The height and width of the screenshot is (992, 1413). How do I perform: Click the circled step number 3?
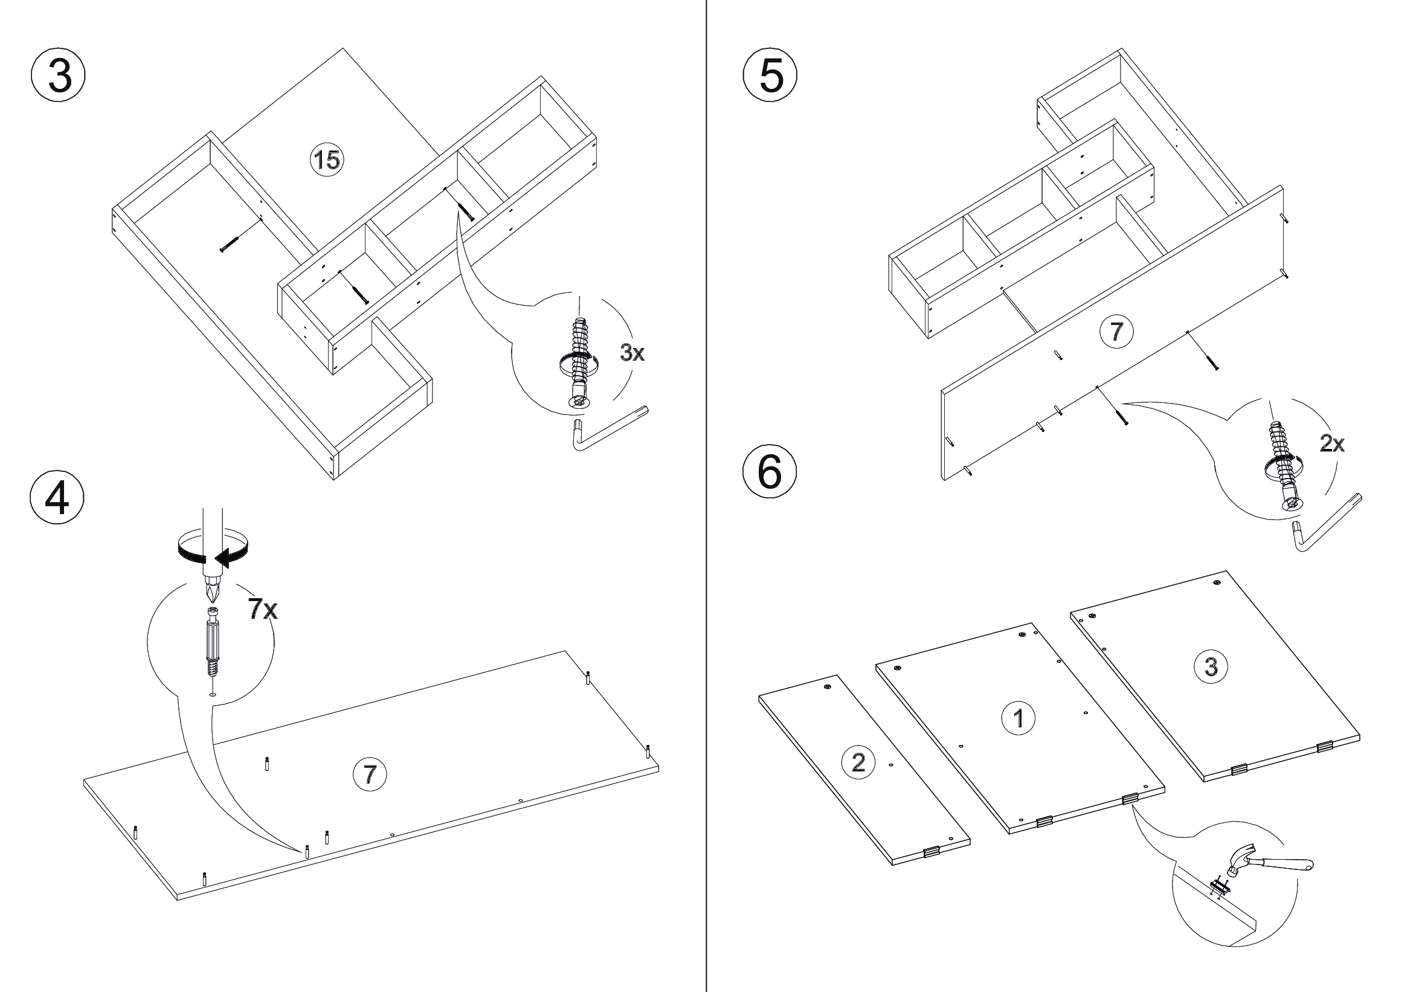(x=58, y=76)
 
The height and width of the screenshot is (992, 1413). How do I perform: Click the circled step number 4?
(x=57, y=498)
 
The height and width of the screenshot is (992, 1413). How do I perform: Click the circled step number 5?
(x=770, y=76)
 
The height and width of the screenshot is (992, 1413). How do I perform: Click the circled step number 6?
(x=769, y=473)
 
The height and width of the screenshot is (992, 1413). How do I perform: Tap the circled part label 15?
(x=326, y=160)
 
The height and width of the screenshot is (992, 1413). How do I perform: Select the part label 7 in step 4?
(x=369, y=773)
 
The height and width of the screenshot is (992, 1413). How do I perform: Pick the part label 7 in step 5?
(x=1116, y=332)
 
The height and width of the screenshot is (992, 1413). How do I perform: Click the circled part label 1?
(x=1019, y=718)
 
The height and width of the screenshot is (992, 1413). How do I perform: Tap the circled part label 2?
(x=858, y=762)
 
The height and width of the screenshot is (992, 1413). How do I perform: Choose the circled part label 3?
(x=1211, y=666)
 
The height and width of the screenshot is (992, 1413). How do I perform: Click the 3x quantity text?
(x=632, y=353)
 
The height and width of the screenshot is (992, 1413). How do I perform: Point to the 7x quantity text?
(x=263, y=609)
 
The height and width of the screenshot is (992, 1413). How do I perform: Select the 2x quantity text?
(x=1332, y=443)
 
